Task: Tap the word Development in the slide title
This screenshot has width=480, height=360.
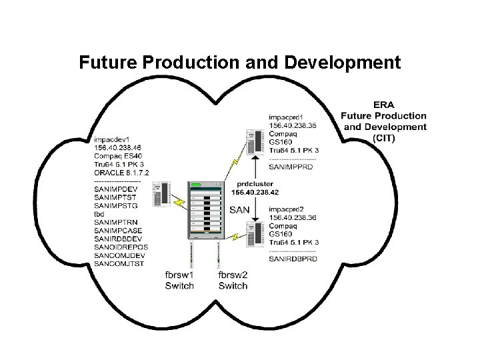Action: pyautogui.click(x=343, y=63)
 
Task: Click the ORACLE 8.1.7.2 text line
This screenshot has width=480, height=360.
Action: pyautogui.click(x=122, y=173)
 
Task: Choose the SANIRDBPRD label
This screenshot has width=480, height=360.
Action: pyautogui.click(x=293, y=258)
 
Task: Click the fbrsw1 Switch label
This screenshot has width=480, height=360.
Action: pyautogui.click(x=180, y=280)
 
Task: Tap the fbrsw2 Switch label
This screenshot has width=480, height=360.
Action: pyautogui.click(x=233, y=280)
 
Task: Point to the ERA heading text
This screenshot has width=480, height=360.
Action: pyautogui.click(x=383, y=105)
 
